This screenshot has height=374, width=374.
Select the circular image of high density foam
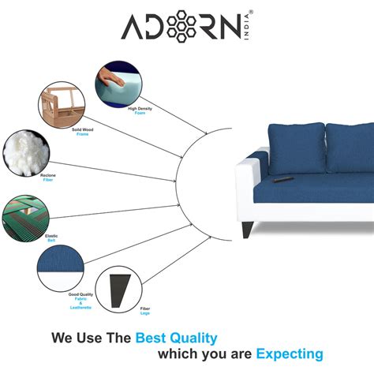(115, 82)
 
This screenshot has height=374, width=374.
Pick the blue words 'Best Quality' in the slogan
(175, 338)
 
